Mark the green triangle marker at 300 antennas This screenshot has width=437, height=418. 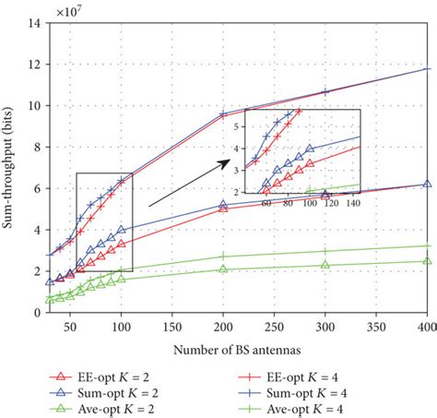tap(325, 265)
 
